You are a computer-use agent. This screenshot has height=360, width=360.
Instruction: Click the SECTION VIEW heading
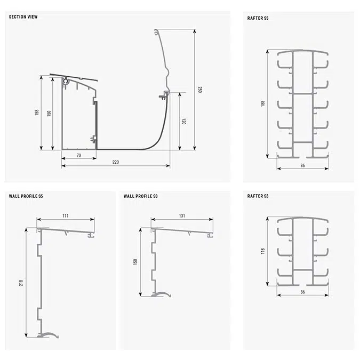[23, 17]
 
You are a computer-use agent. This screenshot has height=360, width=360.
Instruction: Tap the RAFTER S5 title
[258, 18]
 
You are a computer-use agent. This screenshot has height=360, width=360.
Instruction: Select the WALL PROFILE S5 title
[26, 196]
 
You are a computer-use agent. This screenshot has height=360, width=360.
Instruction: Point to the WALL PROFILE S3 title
[140, 196]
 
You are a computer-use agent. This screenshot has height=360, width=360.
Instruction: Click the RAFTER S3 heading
[258, 196]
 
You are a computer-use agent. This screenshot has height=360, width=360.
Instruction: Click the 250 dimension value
[200, 90]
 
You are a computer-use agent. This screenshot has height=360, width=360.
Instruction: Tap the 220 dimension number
[116, 162]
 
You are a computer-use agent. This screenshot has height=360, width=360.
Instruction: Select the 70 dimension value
[79, 155]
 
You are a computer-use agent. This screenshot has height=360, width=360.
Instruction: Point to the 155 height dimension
[37, 113]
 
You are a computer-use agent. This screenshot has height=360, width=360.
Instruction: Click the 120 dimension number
[183, 122]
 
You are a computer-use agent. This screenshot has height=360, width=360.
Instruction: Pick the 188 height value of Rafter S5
[263, 103]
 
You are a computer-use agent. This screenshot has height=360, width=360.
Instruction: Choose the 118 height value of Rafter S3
[263, 251]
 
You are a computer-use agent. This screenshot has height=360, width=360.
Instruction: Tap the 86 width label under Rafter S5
[302, 165]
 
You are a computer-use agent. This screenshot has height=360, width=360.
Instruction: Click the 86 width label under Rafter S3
[302, 292]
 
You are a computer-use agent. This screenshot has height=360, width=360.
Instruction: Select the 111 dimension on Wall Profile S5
[66, 216]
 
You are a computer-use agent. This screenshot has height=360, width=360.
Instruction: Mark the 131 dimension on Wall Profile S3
[182, 216]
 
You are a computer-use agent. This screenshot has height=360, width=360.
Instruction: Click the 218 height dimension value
[21, 283]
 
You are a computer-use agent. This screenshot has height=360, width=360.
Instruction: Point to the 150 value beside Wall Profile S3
[135, 262]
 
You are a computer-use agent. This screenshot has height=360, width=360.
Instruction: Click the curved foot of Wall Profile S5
[48, 335]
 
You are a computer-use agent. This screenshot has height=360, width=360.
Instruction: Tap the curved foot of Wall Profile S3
[162, 294]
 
